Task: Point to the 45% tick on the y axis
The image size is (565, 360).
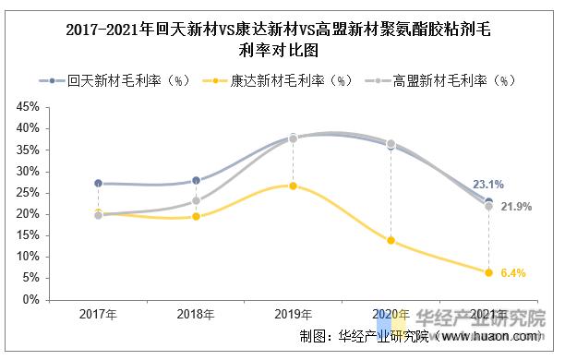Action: pos(27,107)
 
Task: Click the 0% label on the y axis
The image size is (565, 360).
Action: pos(30,299)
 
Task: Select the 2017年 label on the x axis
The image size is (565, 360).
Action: pos(98,316)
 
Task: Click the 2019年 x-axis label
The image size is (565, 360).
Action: pos(294,316)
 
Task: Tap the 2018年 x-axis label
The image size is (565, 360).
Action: pos(196,316)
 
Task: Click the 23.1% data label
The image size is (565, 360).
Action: pos(513,185)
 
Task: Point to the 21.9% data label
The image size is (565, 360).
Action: pos(517,207)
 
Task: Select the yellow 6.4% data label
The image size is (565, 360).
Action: pos(513,273)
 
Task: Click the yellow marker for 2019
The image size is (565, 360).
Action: pos(294,186)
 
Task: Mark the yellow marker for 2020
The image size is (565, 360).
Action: pos(391,241)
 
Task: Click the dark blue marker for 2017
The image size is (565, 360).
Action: pos(98,183)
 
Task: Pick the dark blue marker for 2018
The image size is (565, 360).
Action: pos(196,180)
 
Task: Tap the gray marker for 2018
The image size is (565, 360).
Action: pos(196,200)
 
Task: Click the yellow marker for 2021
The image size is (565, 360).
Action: pos(489,272)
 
